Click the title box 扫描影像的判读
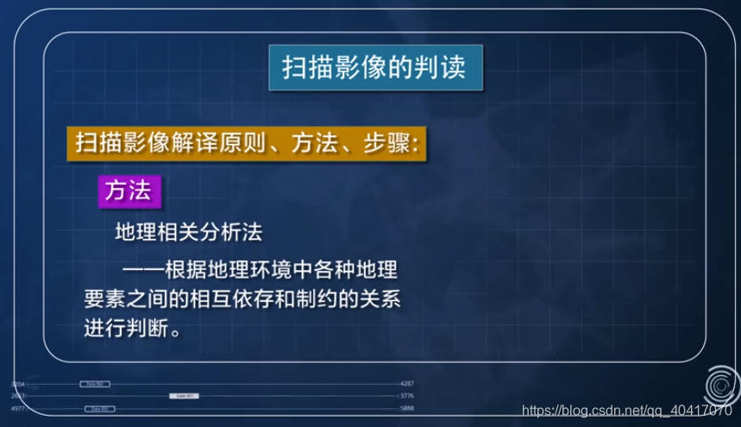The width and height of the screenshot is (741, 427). (374, 68)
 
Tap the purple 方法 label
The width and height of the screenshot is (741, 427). (128, 191)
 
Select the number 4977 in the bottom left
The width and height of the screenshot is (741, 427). (18, 408)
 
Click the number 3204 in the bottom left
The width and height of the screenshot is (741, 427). (18, 382)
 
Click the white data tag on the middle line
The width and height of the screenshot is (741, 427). (184, 396)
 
